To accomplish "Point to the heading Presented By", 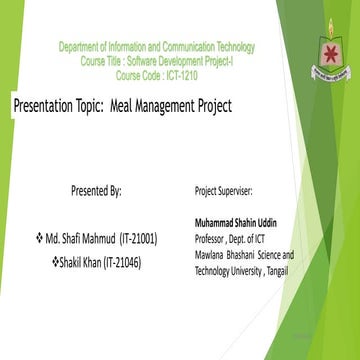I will click(x=97, y=188).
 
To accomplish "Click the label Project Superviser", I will click(x=225, y=189).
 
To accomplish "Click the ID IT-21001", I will click(x=137, y=239).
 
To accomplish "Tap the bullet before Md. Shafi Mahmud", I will click(x=39, y=239).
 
